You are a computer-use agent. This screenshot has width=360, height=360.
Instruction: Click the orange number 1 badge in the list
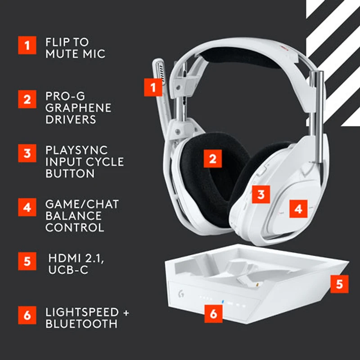[27, 45]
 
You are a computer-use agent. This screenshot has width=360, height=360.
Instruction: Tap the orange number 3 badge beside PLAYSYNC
[27, 153]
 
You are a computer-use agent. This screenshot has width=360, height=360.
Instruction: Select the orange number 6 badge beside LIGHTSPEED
[27, 315]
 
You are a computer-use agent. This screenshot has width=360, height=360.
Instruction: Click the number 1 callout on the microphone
[153, 87]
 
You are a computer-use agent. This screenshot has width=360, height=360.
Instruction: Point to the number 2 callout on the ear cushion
[213, 158]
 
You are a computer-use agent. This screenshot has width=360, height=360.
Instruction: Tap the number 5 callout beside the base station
[340, 283]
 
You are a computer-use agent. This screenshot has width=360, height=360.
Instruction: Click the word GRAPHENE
[78, 108]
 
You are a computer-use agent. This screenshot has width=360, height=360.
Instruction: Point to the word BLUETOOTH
[81, 324]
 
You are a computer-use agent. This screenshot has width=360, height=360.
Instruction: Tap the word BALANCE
[73, 216]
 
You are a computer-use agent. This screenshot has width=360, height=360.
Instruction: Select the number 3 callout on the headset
[261, 194]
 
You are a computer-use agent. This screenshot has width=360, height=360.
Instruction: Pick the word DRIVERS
[71, 120]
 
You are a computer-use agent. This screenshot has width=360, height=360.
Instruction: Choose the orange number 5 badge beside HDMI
[27, 261]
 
